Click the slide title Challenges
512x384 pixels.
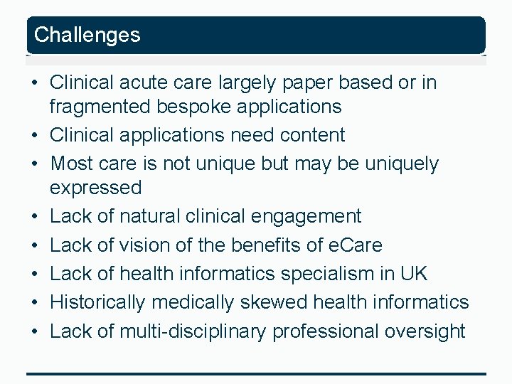pyautogui.click(x=87, y=35)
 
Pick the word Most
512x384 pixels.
pyautogui.click(x=70, y=164)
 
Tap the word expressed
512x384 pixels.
pyautogui.click(x=96, y=188)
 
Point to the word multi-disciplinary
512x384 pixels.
pyautogui.click(x=193, y=331)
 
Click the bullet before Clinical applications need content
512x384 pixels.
pyautogui.click(x=34, y=135)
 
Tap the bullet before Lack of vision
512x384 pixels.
pyautogui.click(x=34, y=245)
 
